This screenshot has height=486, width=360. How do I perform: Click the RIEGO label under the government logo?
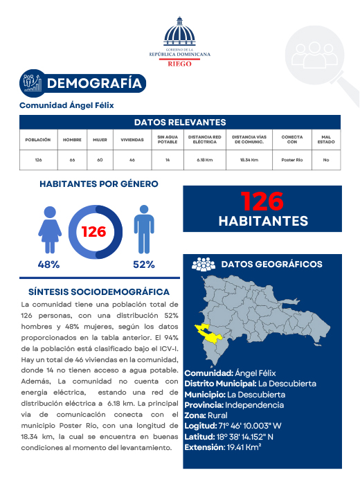[180, 62]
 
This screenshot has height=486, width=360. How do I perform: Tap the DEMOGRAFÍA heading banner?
[96, 84]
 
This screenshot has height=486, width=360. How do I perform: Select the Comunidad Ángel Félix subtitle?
[66, 105]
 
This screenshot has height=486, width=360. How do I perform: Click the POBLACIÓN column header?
[38, 140]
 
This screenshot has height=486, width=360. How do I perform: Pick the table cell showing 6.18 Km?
[204, 160]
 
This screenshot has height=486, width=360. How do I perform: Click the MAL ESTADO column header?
[325, 140]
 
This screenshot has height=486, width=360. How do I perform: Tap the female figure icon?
[50, 230]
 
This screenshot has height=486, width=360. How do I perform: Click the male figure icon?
[143, 231]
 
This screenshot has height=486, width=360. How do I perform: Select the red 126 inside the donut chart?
[93, 231]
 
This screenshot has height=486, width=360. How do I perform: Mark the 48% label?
[48, 264]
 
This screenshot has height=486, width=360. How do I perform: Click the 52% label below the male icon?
[143, 264]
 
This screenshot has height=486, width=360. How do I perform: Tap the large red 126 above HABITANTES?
[262, 201]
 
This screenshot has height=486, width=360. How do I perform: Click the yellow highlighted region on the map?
[210, 333]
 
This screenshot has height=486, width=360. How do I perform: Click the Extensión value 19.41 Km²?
[242, 447]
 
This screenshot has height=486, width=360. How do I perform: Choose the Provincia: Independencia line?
[234, 405]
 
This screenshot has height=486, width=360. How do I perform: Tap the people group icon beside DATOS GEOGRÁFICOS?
[203, 264]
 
